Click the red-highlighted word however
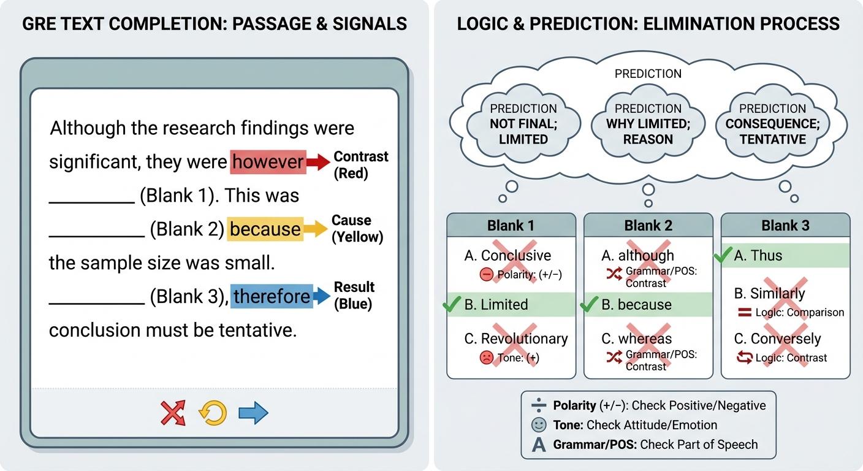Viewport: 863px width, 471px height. coord(268,162)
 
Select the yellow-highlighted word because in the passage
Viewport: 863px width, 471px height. coord(265,229)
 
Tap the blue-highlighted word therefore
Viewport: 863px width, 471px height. coord(272,296)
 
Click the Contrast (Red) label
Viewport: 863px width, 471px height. coord(360,165)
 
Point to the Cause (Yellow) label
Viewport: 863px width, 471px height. coord(357,229)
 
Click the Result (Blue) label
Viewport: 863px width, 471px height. coord(354,295)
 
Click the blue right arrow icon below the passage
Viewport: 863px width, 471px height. coord(253,413)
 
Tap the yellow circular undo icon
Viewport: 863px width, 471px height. coord(213,413)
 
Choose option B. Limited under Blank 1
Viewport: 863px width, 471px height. coord(496,305)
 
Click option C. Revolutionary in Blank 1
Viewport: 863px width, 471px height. coord(524,339)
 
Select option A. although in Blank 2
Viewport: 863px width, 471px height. coord(637,255)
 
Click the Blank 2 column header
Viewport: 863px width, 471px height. coord(648,225)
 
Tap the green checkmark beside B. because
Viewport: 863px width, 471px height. coord(589,304)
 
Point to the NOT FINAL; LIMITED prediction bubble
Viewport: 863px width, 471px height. coord(523,124)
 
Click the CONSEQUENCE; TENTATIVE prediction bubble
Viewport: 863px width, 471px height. coord(772,124)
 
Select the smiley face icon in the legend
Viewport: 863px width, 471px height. coord(539,425)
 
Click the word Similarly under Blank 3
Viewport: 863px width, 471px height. coord(777,293)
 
